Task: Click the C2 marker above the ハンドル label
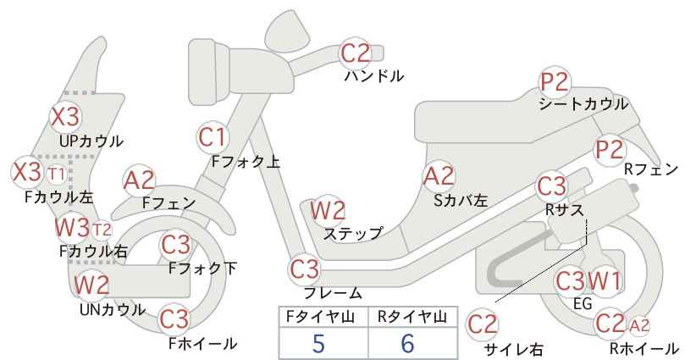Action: [x=356, y=54]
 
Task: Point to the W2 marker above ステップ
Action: [x=328, y=210]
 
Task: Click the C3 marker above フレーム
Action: [x=305, y=270]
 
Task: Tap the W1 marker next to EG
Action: [x=604, y=280]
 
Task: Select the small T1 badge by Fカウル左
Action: [x=56, y=174]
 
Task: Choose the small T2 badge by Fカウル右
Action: [x=101, y=229]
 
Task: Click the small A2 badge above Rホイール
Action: [x=640, y=324]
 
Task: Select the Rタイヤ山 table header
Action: [x=412, y=318]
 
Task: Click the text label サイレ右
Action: [x=513, y=348]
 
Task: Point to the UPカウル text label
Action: [x=91, y=141]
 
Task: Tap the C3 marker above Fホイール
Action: [x=174, y=319]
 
